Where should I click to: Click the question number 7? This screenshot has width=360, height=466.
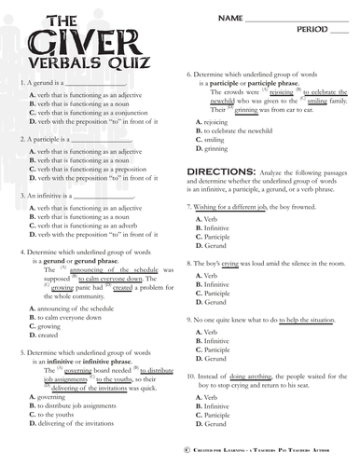point(189,205)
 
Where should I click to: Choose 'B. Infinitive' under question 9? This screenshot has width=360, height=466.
point(213,341)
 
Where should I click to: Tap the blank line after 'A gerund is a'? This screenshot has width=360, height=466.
point(99,83)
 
